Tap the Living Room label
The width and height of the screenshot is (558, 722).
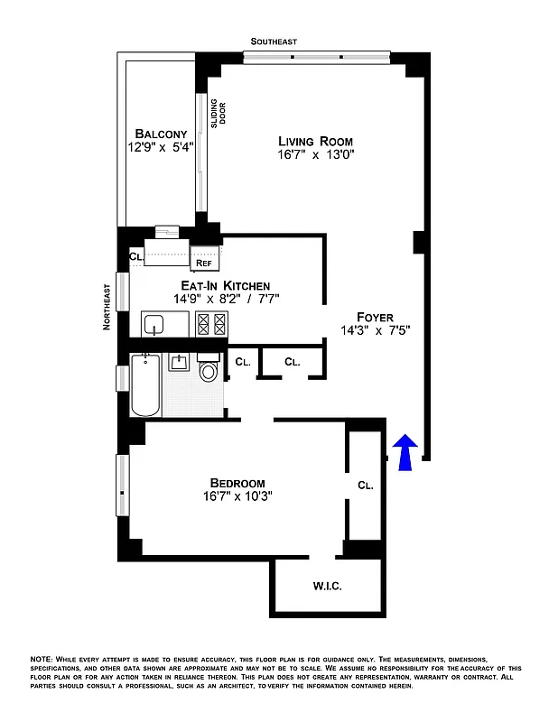(315, 142)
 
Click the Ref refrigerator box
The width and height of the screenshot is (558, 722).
(204, 263)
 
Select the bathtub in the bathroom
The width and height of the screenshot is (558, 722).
(145, 385)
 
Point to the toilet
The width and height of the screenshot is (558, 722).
(209, 370)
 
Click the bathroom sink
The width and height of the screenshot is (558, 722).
(179, 362)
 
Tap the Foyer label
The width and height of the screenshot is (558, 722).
(375, 317)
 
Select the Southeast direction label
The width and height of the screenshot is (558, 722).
(274, 42)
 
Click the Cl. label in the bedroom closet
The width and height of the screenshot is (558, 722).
(366, 486)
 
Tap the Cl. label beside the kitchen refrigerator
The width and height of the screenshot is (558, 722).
(135, 256)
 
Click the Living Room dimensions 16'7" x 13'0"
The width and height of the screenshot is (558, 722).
(315, 156)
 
